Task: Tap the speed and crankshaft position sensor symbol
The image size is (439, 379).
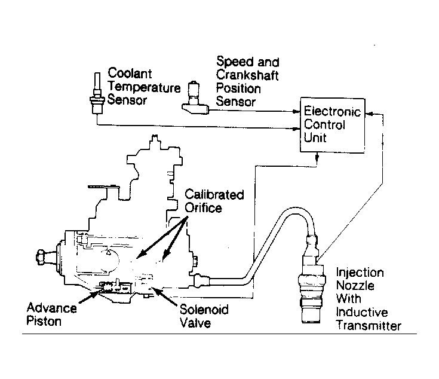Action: pos(195,98)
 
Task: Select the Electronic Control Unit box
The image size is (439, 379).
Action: pos(332,125)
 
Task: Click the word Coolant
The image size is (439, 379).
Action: pos(130,74)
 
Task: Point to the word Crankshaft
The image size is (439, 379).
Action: pos(247,75)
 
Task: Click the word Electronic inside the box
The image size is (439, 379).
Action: pos(332,111)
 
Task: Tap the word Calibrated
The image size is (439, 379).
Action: pos(214,195)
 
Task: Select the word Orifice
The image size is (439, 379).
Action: pos(203,208)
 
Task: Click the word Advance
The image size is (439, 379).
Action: pos(52,308)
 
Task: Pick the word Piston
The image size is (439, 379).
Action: pos(44,321)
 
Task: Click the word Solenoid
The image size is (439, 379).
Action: pos(204,310)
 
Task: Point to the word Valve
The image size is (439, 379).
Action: pos(195,323)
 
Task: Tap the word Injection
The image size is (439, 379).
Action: pos(360,273)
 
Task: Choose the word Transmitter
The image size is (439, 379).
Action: pos(369,326)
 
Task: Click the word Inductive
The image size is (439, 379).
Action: pos(362,312)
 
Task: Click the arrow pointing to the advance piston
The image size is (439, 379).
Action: pos(90,297)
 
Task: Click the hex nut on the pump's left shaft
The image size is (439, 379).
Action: pos(41,257)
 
